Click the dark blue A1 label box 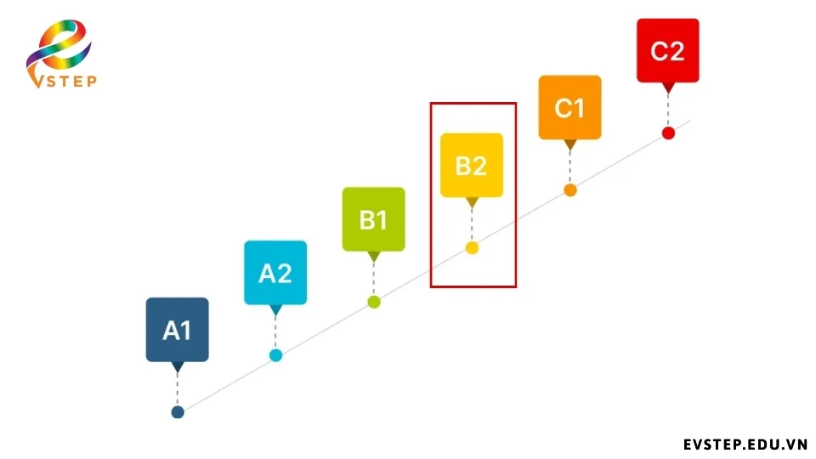click(178, 330)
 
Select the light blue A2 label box click(275, 272)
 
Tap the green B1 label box click(374, 219)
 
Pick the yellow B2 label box click(472, 165)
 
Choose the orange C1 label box click(569, 107)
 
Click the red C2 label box click(668, 50)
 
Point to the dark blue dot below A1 click(178, 412)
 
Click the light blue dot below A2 click(275, 355)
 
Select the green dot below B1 click(374, 302)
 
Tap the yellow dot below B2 click(472, 248)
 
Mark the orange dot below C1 click(570, 190)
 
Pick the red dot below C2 click(668, 133)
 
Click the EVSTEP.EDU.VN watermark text click(745, 445)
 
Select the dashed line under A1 click(178, 389)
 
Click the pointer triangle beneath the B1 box click(374, 257)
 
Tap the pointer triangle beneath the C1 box click(570, 144)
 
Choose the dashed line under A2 click(275, 332)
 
